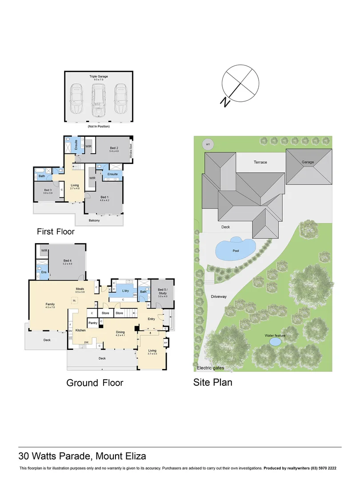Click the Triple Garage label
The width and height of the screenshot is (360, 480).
click(99, 77)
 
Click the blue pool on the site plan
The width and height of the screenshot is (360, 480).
click(235, 249)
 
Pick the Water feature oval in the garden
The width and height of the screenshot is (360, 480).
click(275, 342)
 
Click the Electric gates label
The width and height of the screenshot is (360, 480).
click(210, 368)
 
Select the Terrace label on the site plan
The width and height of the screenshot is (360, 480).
click(260, 162)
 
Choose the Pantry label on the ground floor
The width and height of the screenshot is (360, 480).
click(93, 323)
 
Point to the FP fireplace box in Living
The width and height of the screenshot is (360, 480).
click(166, 343)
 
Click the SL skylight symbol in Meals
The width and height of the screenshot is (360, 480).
click(75, 301)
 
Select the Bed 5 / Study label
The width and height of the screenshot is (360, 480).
click(162, 292)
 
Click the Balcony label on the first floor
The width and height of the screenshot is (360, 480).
click(94, 220)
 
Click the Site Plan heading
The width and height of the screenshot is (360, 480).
click(212, 382)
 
